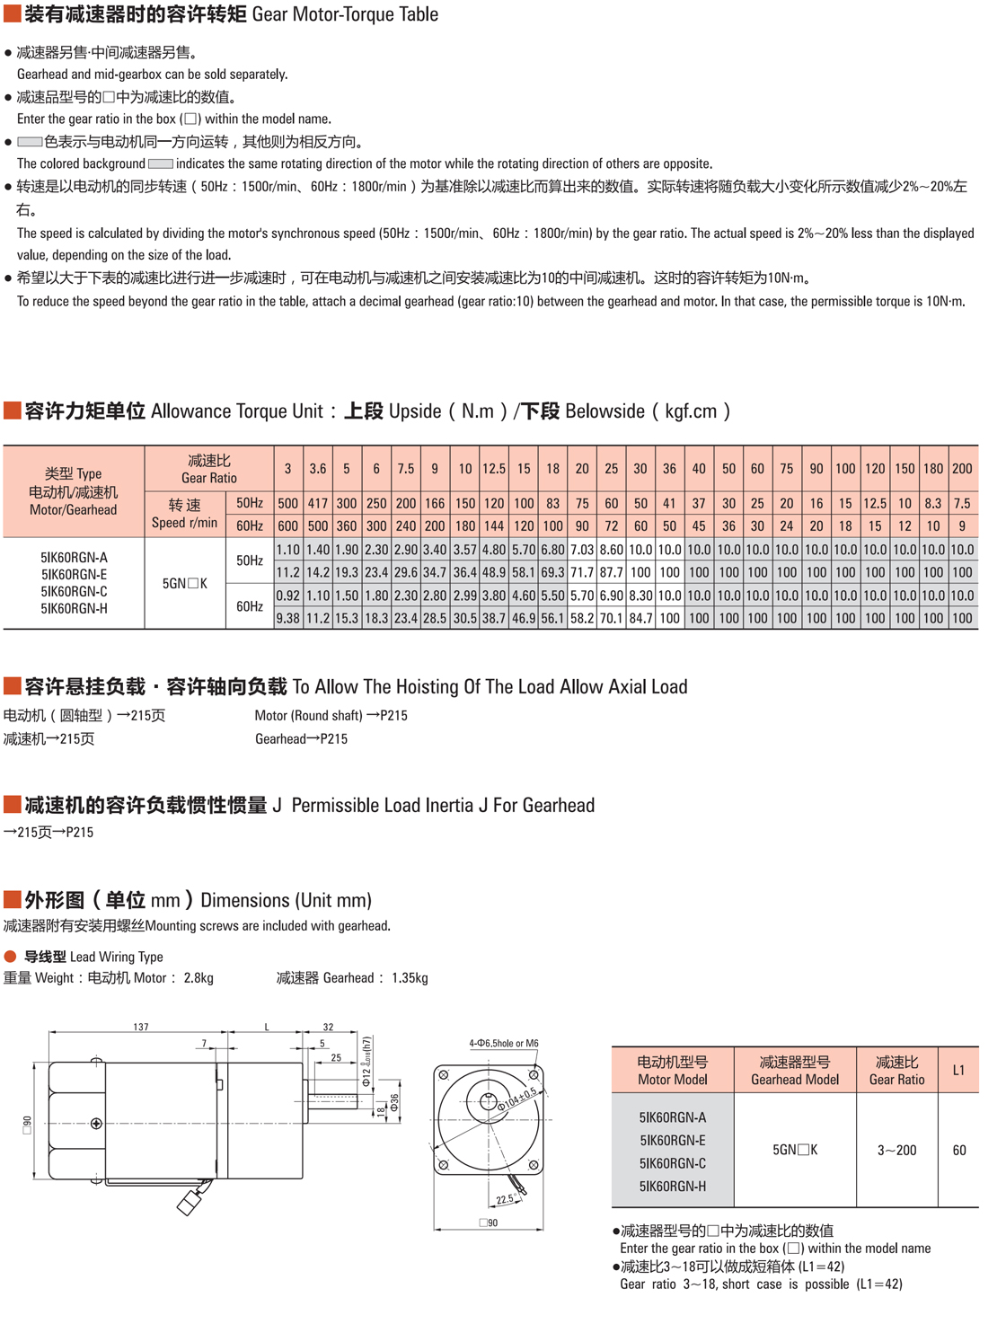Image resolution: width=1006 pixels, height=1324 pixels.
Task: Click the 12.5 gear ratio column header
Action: point(494,469)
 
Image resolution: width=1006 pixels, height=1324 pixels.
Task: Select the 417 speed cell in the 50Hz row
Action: point(318,504)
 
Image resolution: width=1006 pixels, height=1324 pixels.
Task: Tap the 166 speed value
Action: point(435,504)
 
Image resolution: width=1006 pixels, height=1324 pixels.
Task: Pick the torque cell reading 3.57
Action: point(465,550)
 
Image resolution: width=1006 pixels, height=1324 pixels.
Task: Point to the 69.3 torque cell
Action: point(552,572)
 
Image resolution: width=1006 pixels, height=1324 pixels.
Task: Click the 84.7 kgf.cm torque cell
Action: point(640,618)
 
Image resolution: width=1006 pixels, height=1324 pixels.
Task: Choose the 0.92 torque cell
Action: point(288,596)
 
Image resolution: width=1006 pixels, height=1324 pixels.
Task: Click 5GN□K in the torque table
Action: point(185,584)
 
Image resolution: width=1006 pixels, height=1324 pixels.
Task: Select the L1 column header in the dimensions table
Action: point(958,1070)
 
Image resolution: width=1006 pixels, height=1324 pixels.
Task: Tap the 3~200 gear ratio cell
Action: point(896,1150)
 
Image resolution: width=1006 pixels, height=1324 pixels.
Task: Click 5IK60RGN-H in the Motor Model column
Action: point(673,1187)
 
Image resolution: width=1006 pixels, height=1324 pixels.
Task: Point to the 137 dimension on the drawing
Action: point(141,1027)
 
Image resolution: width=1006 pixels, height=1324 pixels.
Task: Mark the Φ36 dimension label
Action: point(394,1103)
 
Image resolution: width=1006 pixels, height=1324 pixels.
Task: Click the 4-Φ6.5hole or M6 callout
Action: point(504,1044)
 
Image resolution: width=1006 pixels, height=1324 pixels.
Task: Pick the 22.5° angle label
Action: point(505,1199)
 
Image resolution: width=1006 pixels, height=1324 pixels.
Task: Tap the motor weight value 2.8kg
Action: point(199,978)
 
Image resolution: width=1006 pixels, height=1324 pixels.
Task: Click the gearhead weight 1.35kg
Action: point(410,978)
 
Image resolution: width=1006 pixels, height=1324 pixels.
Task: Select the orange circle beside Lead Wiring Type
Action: point(11,957)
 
